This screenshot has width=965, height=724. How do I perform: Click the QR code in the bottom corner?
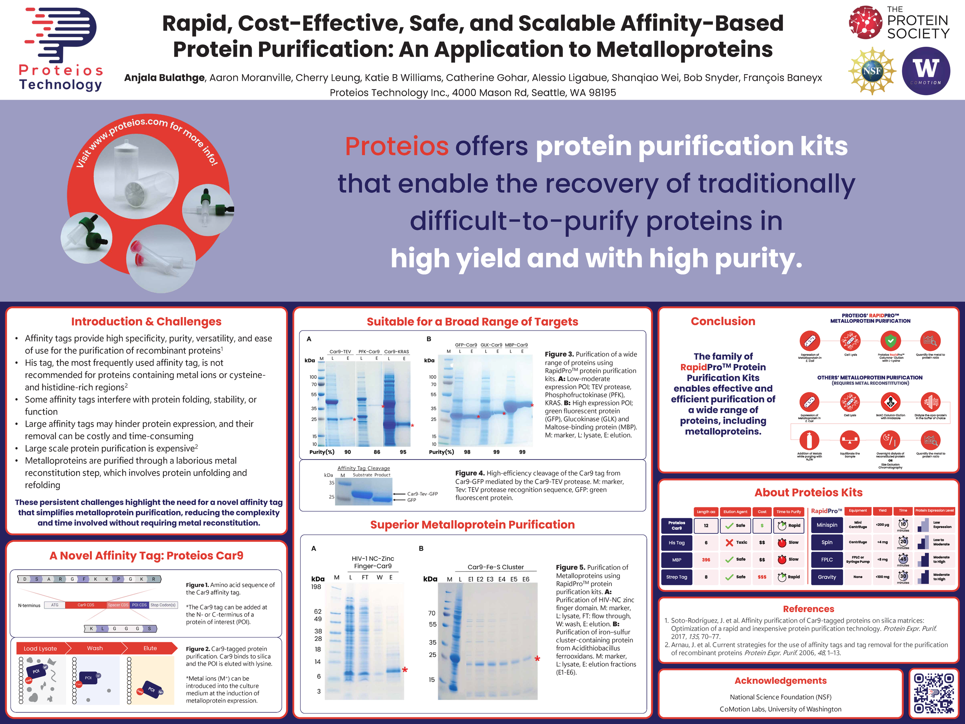point(934,693)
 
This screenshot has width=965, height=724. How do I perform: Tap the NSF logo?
point(872,71)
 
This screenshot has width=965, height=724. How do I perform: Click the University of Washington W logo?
point(925,71)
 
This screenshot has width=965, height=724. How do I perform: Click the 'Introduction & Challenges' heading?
point(146,322)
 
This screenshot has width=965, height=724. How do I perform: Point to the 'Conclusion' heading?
point(723,321)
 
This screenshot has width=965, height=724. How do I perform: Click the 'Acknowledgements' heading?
point(780,681)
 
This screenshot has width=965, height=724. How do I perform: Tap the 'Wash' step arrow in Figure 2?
point(95,648)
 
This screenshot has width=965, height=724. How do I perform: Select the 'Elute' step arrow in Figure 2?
point(150,648)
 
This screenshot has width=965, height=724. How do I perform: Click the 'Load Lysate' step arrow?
point(41,648)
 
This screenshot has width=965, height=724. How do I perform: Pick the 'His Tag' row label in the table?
point(677,543)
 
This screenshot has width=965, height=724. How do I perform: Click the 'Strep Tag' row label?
point(677,577)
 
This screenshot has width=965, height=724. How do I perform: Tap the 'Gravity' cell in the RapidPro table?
point(827,577)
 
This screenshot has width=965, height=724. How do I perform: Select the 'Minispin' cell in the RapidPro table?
point(827,525)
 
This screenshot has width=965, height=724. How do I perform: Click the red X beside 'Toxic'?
point(730,543)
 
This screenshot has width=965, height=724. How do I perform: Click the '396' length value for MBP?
point(706,560)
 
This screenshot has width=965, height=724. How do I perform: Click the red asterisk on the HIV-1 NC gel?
point(405,670)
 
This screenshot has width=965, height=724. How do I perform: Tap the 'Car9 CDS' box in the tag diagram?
point(86,605)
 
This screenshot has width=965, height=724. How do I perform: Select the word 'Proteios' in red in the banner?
point(396,146)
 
